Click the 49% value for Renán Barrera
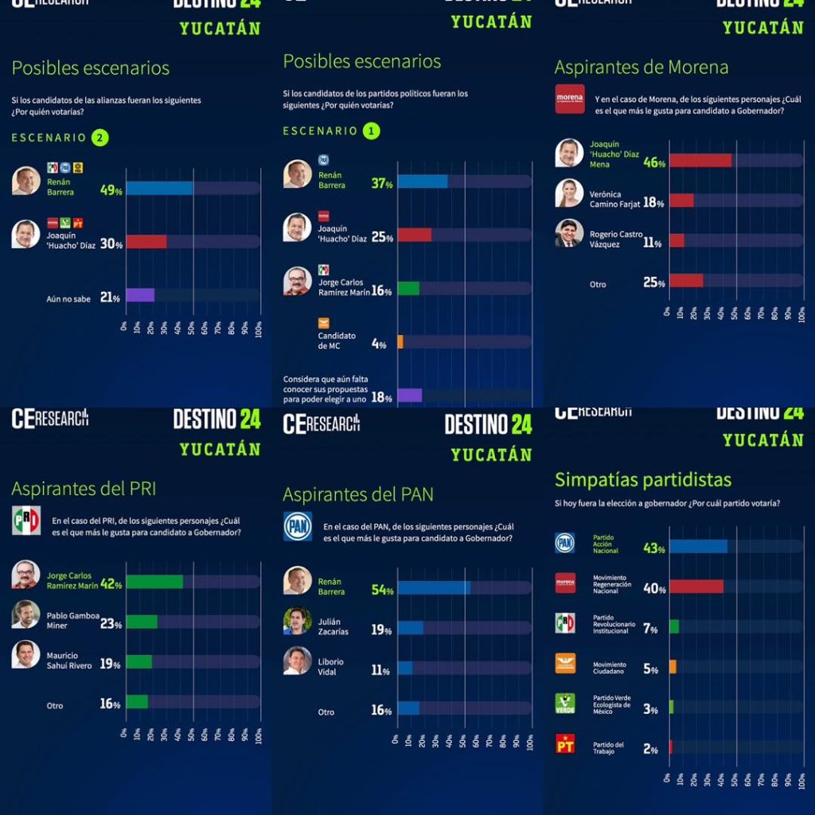point(111,190)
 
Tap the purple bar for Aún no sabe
point(140,294)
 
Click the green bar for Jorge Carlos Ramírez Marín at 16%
point(408,288)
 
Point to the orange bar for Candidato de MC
point(400,341)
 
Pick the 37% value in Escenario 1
point(383,183)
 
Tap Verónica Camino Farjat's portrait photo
point(569,193)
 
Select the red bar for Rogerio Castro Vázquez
point(677,240)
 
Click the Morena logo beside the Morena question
point(569,99)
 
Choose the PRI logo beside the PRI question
point(26,520)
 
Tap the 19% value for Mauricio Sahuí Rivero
point(110,663)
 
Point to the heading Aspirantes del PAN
point(358,494)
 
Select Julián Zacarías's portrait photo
point(298,621)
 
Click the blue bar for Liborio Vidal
point(405,668)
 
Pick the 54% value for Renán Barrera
point(382,590)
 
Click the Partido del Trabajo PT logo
point(565,745)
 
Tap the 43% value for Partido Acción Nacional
point(654,549)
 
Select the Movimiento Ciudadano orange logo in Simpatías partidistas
point(565,664)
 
